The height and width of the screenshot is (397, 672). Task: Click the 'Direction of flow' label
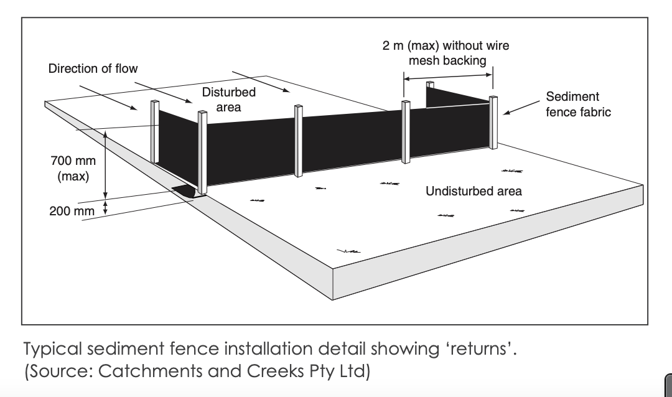[x=93, y=68]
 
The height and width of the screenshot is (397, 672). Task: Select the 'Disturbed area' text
[x=228, y=100]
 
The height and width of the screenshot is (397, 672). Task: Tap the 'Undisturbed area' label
[x=474, y=191]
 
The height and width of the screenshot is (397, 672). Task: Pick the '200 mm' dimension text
[x=72, y=212]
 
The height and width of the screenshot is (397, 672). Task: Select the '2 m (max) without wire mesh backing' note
[x=446, y=53]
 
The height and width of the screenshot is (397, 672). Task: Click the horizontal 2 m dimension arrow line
[x=448, y=77]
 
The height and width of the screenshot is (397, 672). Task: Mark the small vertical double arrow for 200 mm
[x=105, y=207]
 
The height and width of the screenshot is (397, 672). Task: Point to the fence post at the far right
[x=493, y=123]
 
